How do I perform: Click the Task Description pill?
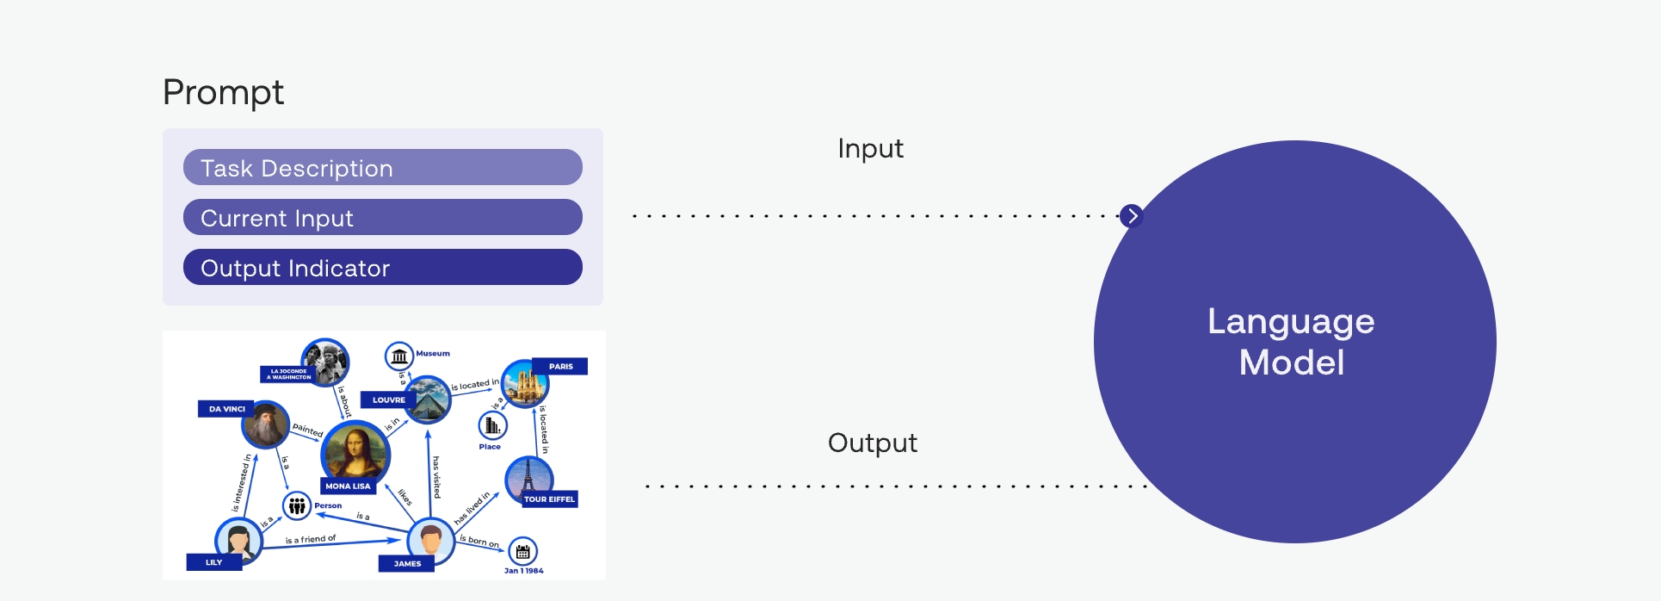tap(382, 167)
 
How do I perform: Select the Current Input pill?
tap(382, 217)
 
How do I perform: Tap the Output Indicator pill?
tap(382, 267)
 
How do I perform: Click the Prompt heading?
tap(223, 92)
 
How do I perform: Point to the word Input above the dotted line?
tap(870, 149)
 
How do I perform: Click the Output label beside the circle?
tap(872, 443)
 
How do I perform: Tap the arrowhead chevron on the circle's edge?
tap(1132, 215)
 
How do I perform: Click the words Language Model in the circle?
tap(1291, 342)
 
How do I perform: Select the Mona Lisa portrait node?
tap(354, 452)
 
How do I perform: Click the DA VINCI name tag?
tap(227, 409)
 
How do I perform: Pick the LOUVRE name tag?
tap(388, 400)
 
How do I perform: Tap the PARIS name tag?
tap(560, 367)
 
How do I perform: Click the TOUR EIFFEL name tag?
tap(549, 499)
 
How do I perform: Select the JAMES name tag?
tap(407, 564)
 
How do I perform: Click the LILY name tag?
tap(213, 562)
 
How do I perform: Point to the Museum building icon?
tap(398, 356)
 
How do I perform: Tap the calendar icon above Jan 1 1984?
tap(522, 551)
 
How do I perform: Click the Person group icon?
tap(297, 505)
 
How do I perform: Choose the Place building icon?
tap(492, 425)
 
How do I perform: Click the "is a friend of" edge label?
tap(311, 539)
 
